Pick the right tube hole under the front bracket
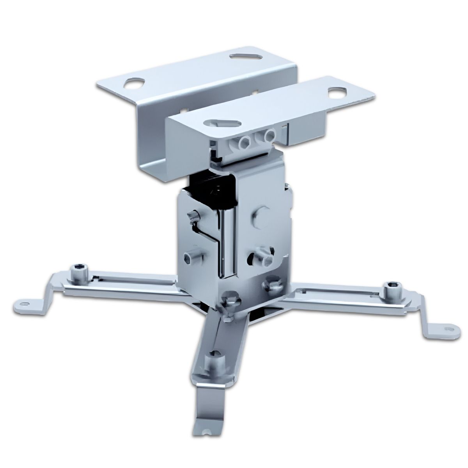tap(268, 136)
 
